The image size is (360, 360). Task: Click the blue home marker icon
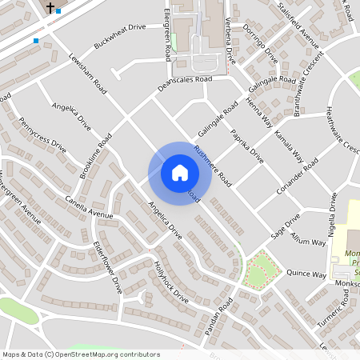179,173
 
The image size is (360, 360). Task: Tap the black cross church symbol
50,8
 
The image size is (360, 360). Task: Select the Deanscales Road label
185,80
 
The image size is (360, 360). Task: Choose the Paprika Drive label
246,141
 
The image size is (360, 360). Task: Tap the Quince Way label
307,274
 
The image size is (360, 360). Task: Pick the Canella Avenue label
90,207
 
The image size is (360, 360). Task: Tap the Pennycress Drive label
42,135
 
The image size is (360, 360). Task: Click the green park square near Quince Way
258,270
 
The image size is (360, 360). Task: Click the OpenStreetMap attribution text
81,354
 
